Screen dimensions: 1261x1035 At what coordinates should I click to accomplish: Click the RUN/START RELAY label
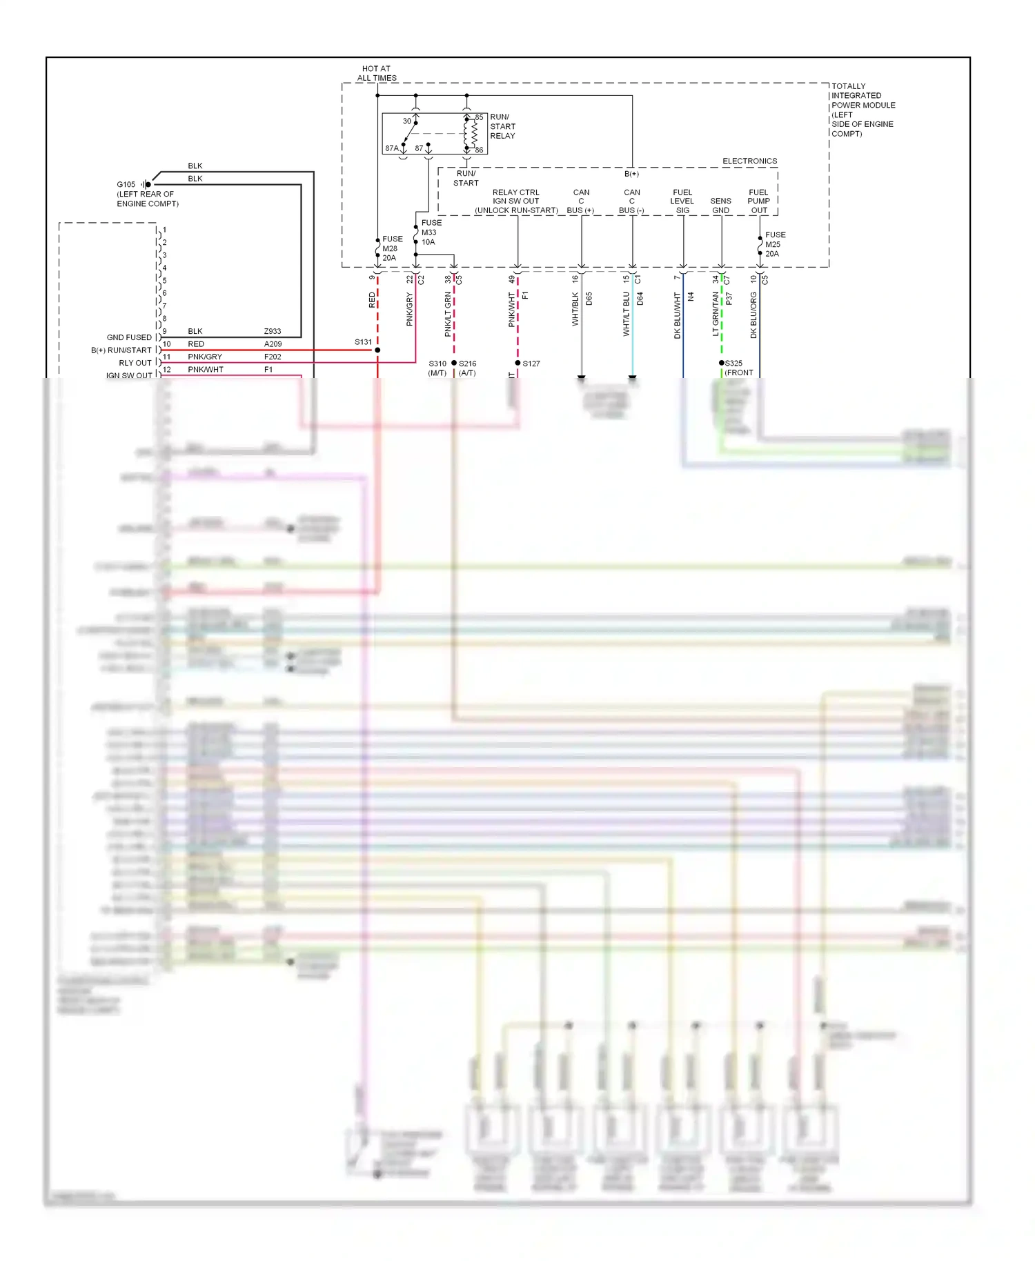coord(502,126)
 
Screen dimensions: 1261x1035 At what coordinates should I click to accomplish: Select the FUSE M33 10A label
coord(431,232)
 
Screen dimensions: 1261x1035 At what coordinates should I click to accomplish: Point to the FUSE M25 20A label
coord(774,244)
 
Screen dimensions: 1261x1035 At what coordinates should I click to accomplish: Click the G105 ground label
coord(126,185)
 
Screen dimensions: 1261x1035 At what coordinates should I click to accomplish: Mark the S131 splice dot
coord(377,350)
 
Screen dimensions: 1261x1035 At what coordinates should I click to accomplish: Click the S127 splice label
coord(531,364)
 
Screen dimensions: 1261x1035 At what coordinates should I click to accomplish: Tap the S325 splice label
coord(733,363)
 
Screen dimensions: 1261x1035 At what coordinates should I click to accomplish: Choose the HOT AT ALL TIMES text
coord(377,73)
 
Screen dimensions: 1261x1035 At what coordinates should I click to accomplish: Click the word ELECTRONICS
coord(749,161)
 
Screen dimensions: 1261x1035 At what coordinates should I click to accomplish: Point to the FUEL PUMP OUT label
coord(758,201)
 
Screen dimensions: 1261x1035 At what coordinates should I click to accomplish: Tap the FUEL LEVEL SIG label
coord(682,201)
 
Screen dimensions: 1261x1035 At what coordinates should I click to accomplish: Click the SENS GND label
coord(720,206)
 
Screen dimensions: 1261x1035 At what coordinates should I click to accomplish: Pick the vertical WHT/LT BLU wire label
coord(627,314)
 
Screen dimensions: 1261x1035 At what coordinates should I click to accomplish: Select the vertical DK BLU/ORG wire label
coord(753,315)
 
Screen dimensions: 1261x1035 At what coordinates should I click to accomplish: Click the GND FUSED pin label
coord(129,337)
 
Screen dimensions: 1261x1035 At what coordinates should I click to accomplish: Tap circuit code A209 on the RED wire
coord(273,344)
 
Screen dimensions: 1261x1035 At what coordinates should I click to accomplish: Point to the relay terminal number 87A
coord(391,148)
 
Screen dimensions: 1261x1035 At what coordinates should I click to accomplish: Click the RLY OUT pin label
coord(135,363)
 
